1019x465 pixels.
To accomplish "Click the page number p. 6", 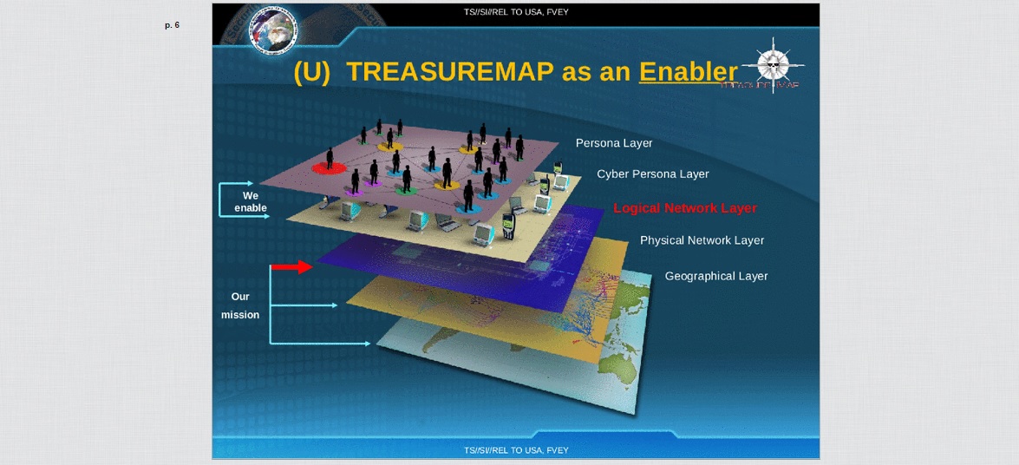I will (x=172, y=25).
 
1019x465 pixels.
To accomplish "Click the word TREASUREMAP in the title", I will (x=451, y=72).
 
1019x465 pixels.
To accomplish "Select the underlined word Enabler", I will (x=688, y=72).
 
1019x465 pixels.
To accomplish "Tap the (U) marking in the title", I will (x=312, y=72).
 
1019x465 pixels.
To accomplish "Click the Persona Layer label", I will (x=614, y=143).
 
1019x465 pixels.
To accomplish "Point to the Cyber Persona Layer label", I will (x=652, y=174).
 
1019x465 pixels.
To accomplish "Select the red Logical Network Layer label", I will (x=685, y=208).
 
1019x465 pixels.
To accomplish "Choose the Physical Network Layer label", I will (x=702, y=240).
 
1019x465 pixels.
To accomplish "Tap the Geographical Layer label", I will (x=716, y=276).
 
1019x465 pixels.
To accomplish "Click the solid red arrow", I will (x=291, y=266).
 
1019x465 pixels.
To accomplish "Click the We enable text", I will (x=251, y=202).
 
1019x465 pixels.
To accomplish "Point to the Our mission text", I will (x=240, y=305).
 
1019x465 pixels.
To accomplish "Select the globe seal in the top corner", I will (x=273, y=29).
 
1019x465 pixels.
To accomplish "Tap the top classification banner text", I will (x=516, y=12).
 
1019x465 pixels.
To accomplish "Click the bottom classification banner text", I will (x=516, y=450).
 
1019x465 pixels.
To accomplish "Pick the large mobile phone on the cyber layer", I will (x=509, y=226).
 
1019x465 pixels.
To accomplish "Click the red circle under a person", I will (x=329, y=167).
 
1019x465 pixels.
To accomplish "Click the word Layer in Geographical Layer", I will (x=752, y=276).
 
